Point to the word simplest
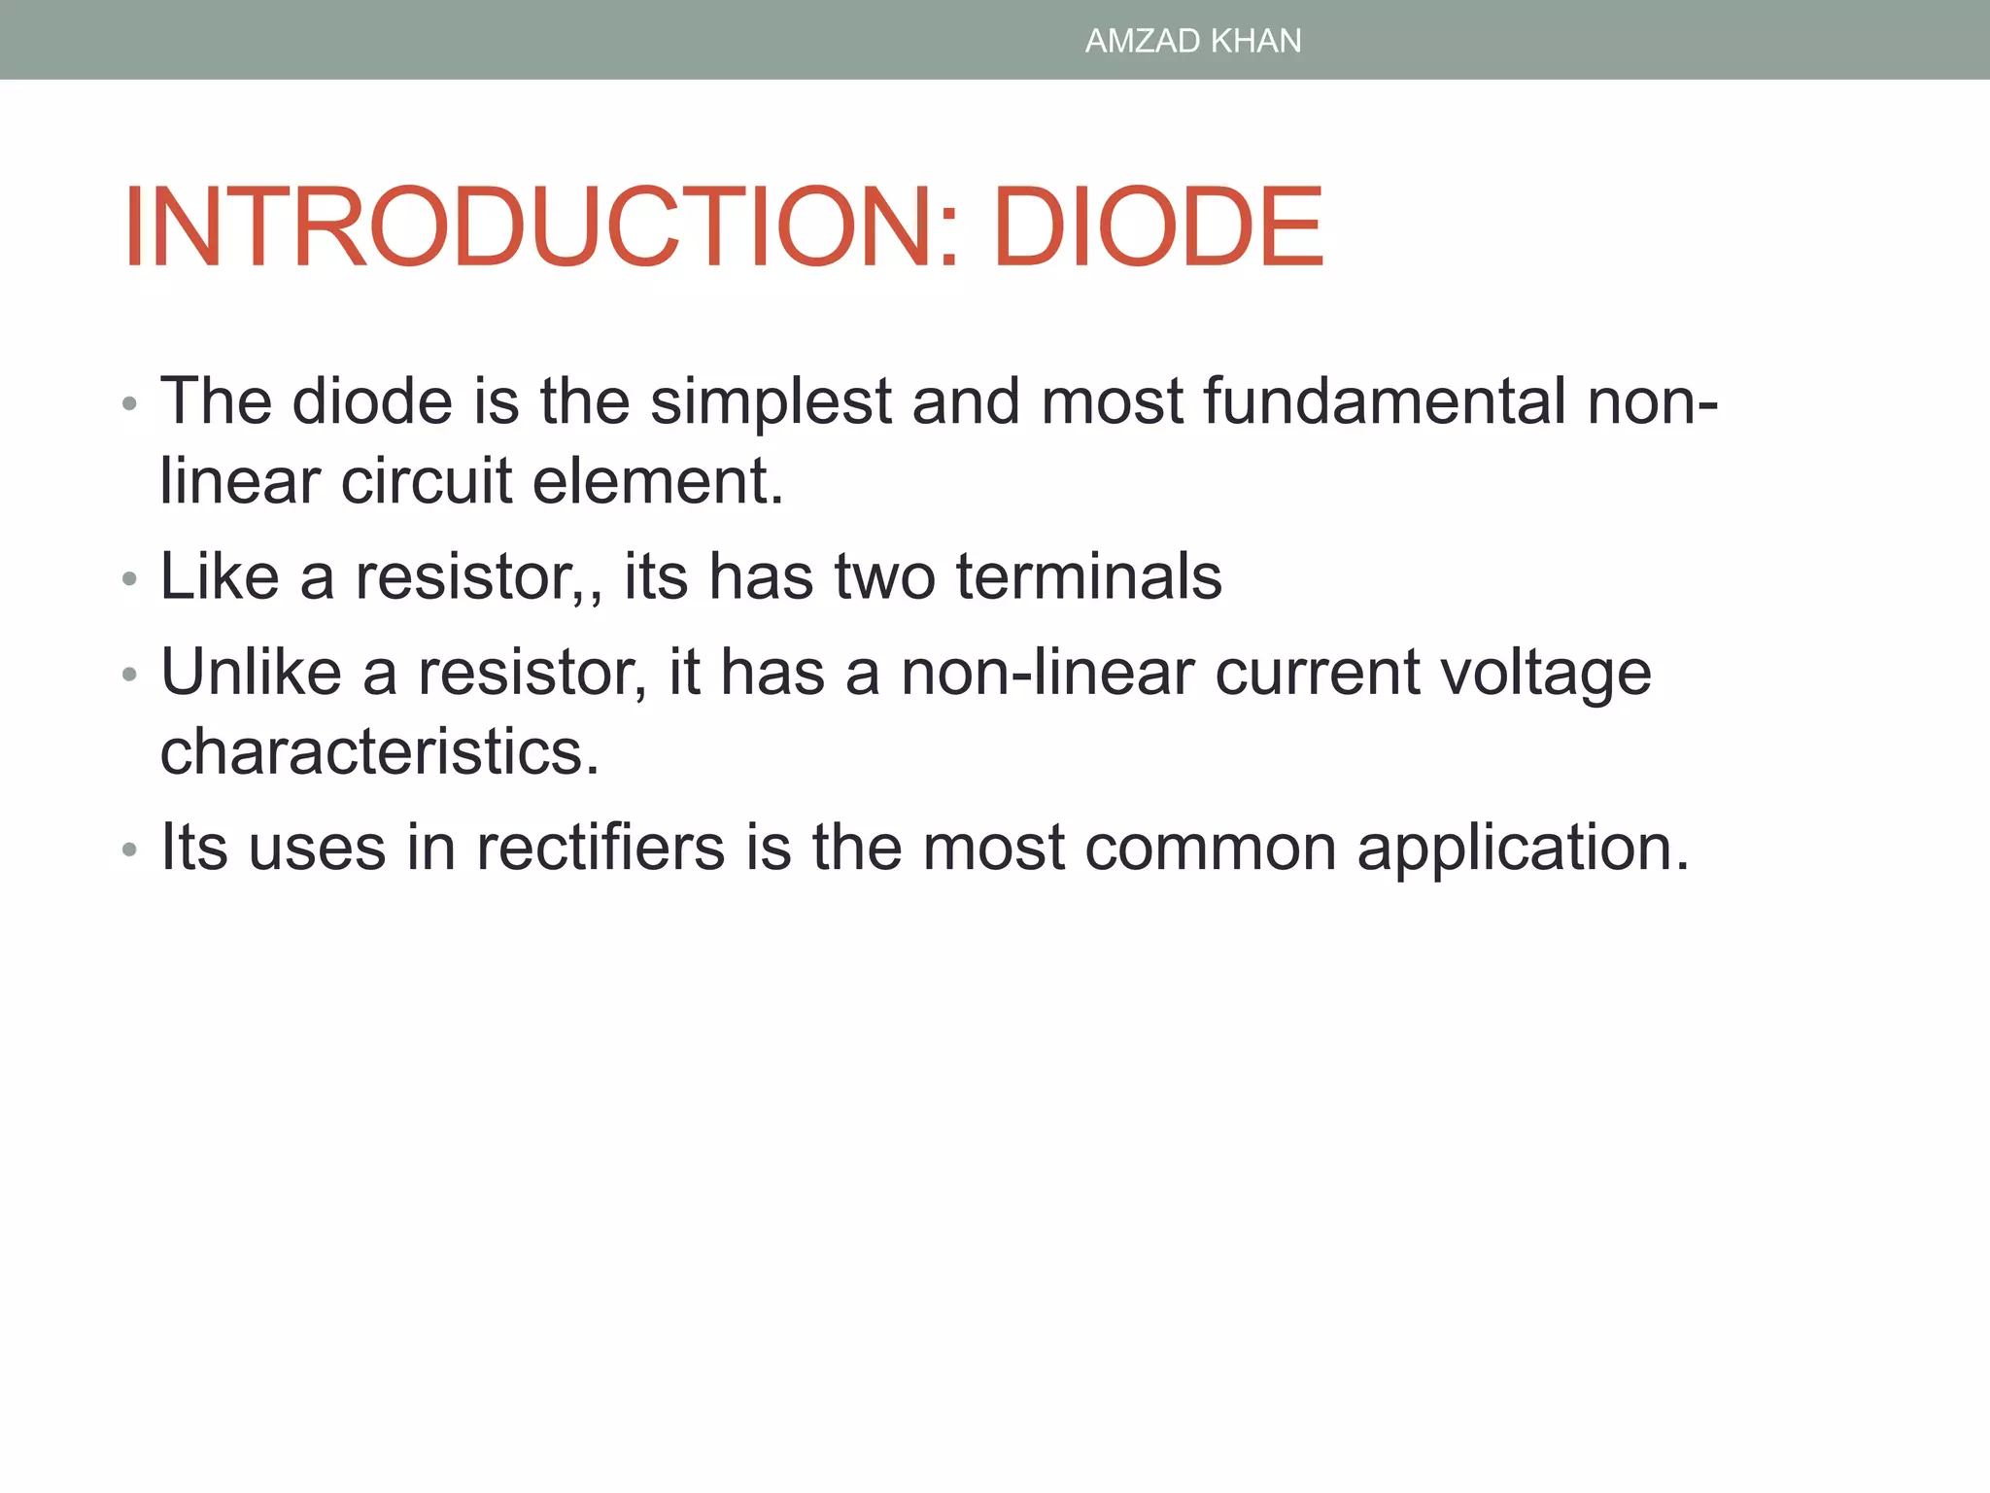tap(771, 401)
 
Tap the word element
tap(657, 481)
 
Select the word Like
tap(220, 576)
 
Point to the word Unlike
tap(251, 672)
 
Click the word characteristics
tap(379, 751)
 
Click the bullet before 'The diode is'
tap(130, 404)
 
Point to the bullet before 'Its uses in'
tap(130, 851)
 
